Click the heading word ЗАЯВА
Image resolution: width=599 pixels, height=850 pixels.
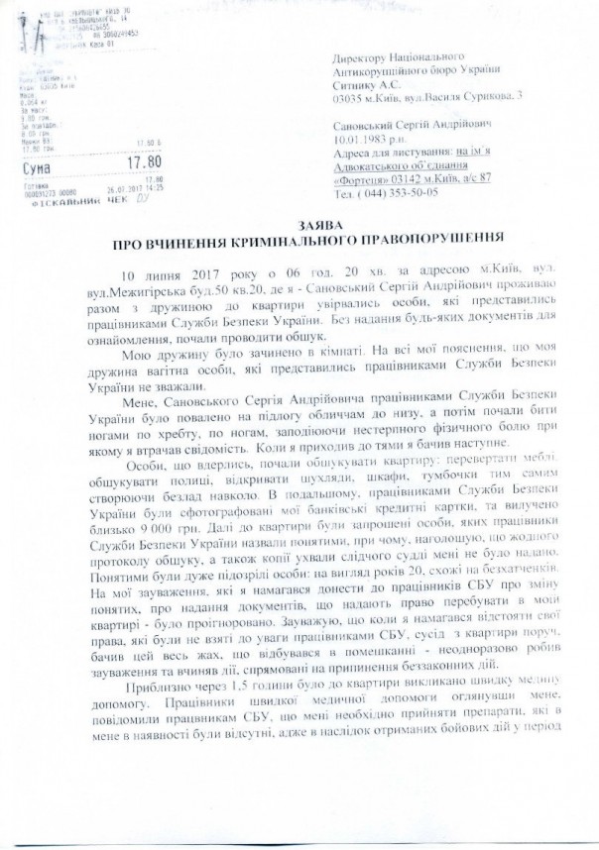pos(299,225)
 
